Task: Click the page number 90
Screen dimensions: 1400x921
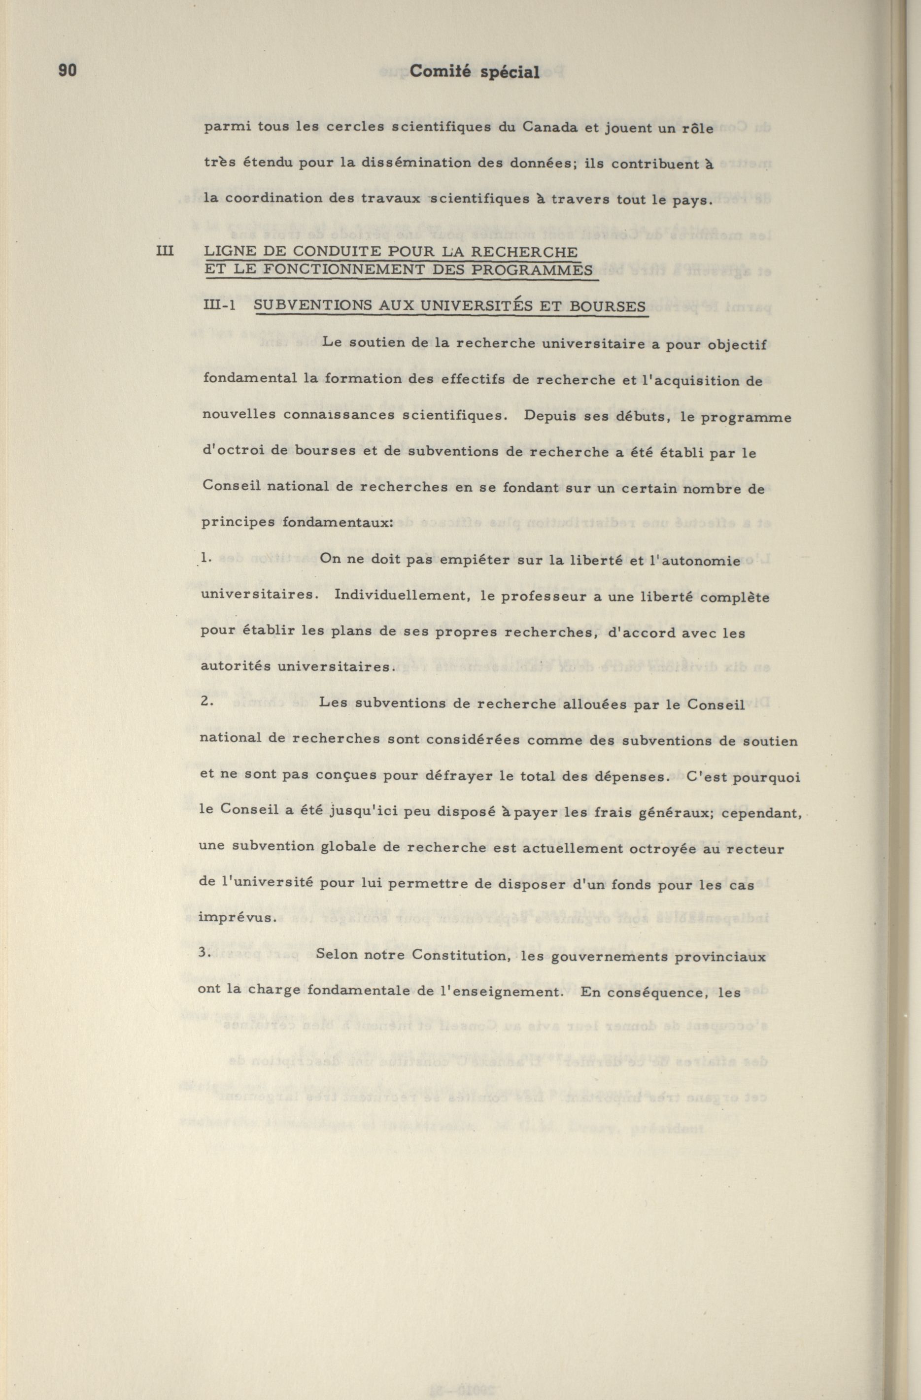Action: pyautogui.click(x=68, y=70)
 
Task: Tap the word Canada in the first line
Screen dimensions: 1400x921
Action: pyautogui.click(x=550, y=129)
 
